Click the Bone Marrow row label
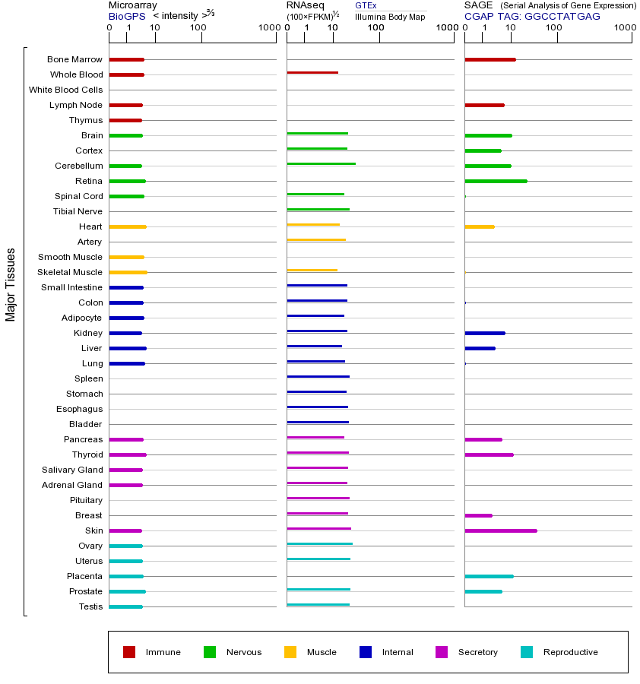coord(74,59)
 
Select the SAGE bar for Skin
coord(501,530)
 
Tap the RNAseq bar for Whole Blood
coord(312,73)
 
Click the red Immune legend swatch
coord(129,652)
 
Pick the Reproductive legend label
coord(570,652)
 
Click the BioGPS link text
coord(127,16)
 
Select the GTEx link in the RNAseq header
coord(366,5)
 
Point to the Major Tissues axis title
coord(11,284)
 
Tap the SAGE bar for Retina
coord(496,181)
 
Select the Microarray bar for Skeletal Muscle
coord(128,272)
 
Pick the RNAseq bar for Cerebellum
coord(321,163)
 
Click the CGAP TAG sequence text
coord(532,16)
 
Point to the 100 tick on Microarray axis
coord(198,28)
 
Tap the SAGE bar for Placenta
coord(489,576)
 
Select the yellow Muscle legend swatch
coord(290,652)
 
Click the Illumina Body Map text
coord(390,17)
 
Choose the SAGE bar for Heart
coord(479,226)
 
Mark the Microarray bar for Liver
coord(128,348)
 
